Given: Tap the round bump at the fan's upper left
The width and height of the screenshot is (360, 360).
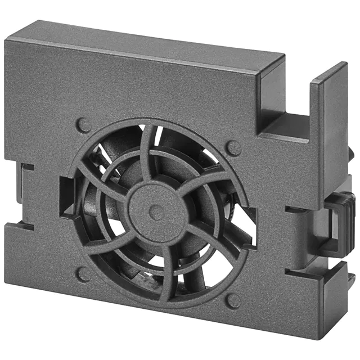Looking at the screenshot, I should pos(83,124).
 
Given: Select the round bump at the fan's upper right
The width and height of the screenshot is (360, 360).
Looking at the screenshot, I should pos(233,147).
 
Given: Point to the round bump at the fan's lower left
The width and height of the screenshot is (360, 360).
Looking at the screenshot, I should pos(83,274).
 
